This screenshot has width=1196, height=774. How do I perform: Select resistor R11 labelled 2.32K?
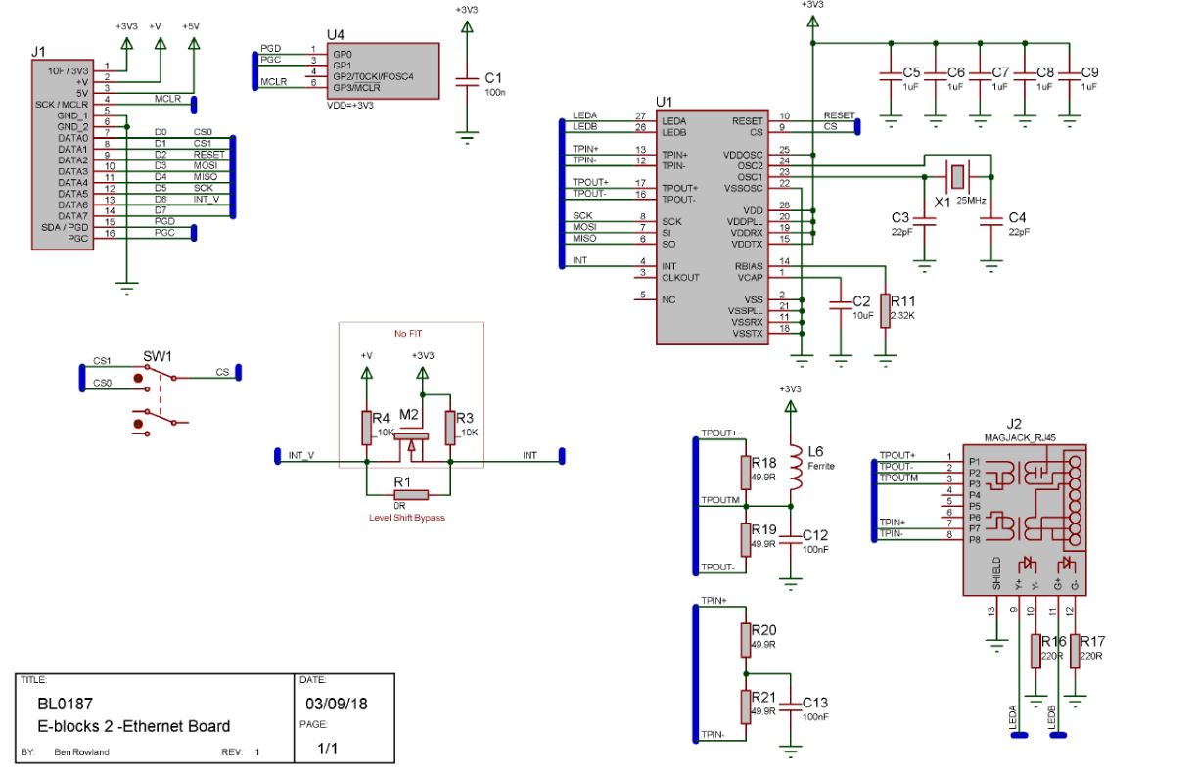tap(885, 310)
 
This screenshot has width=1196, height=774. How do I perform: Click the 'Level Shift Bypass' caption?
tap(406, 517)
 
